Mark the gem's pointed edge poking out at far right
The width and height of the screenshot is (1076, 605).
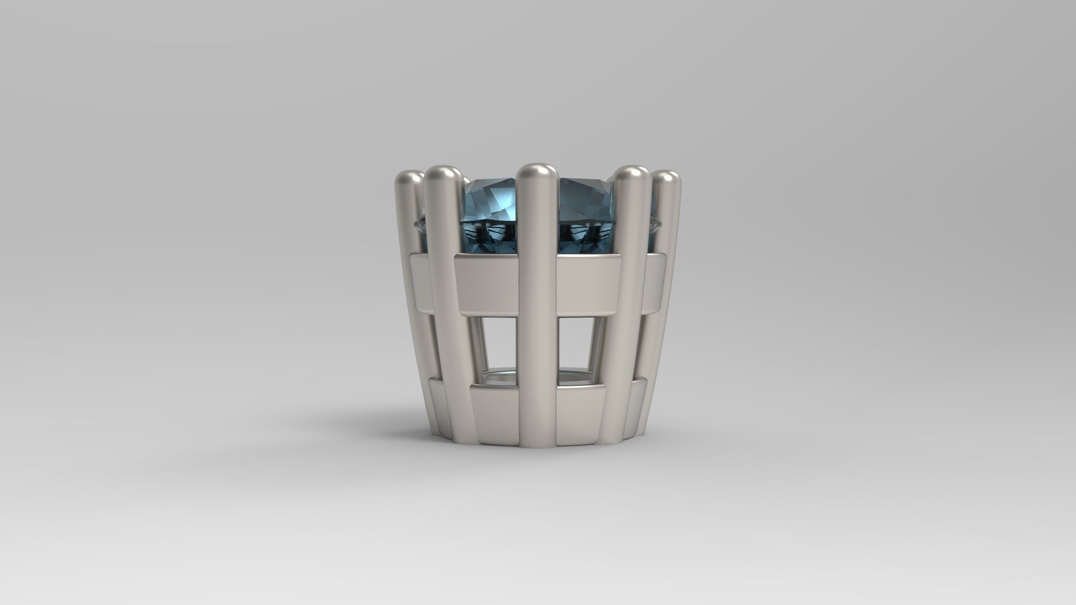click(655, 224)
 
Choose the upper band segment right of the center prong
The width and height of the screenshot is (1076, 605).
click(583, 283)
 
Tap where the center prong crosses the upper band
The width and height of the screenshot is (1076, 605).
click(537, 283)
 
